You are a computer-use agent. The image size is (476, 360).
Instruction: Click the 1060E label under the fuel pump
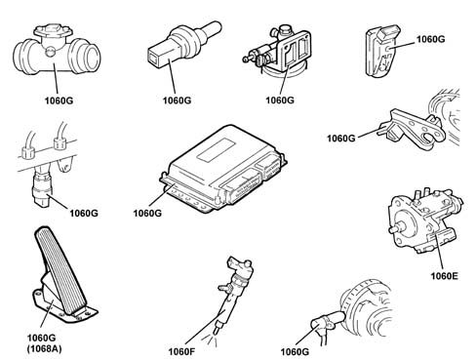point(444,276)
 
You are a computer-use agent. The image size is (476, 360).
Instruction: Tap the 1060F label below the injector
point(181,351)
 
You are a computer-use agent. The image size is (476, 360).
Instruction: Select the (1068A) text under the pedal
point(44,348)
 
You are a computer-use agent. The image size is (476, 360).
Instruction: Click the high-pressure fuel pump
point(425,221)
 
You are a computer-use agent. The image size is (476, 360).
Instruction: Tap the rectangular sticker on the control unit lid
point(216,150)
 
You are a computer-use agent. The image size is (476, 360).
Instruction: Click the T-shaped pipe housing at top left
point(57,51)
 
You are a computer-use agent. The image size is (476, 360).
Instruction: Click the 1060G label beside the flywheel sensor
point(295,351)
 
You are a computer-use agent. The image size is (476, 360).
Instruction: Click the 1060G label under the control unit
point(147,213)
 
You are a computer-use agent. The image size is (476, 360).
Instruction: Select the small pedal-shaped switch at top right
point(382,51)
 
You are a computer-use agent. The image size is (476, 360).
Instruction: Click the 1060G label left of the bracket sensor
point(340,139)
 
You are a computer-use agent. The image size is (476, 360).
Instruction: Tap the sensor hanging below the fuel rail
point(41,187)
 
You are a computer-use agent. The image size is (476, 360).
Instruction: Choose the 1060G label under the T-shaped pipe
point(59,100)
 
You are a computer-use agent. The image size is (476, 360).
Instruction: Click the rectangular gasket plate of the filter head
point(295,52)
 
